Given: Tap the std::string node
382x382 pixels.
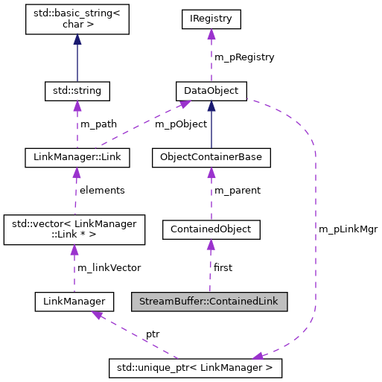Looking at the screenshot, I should tap(77, 92).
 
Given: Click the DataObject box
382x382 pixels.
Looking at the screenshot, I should tap(211, 92).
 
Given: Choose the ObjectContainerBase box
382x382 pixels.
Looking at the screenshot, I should tap(211, 157).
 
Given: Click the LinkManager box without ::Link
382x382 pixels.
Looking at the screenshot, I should tap(74, 302).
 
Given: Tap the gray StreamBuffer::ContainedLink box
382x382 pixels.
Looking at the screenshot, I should tap(209, 302).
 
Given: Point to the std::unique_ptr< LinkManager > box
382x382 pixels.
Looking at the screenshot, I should tap(195, 367).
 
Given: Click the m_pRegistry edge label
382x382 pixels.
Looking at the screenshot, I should tap(244, 57).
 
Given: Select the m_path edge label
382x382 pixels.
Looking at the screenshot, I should tap(98, 124).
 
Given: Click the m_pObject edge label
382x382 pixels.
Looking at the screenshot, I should tap(180, 124).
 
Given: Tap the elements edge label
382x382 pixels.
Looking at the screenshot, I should tap(102, 190).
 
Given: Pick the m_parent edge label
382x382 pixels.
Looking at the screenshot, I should tap(238, 190).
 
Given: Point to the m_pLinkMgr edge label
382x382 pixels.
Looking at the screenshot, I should tap(348, 229).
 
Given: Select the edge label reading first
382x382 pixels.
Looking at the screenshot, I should tap(223, 267).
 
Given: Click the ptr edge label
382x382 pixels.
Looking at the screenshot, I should tap(153, 334).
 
